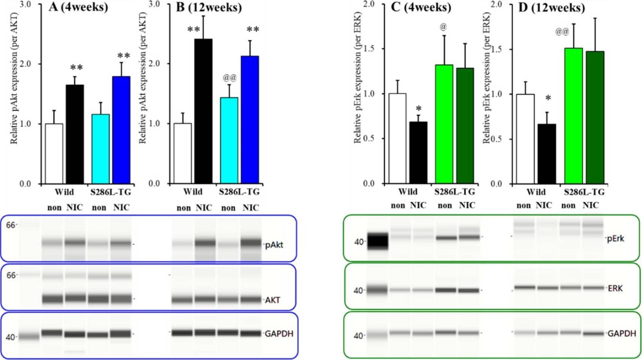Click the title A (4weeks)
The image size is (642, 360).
pyautogui.click(x=78, y=7)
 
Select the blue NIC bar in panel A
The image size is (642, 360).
pyautogui.click(x=121, y=130)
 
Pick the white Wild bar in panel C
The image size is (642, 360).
pyautogui.click(x=397, y=138)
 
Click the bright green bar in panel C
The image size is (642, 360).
pyautogui.click(x=444, y=124)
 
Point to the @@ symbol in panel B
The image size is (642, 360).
pyautogui.click(x=230, y=78)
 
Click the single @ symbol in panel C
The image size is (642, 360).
pyautogui.click(x=443, y=27)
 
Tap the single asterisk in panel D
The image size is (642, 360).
pyautogui.click(x=548, y=98)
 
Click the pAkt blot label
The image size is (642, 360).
pyautogui.click(x=274, y=245)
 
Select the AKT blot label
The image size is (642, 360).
pyautogui.click(x=272, y=300)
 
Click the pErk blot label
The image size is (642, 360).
pyautogui.click(x=615, y=238)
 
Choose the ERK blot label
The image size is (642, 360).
pyautogui.click(x=615, y=288)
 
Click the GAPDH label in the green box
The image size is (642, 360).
pyautogui.click(x=621, y=333)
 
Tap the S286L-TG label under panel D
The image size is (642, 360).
pyautogui.click(x=584, y=192)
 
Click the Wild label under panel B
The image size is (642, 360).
pyautogui.click(x=193, y=192)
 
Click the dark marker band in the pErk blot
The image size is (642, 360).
pyautogui.click(x=377, y=241)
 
